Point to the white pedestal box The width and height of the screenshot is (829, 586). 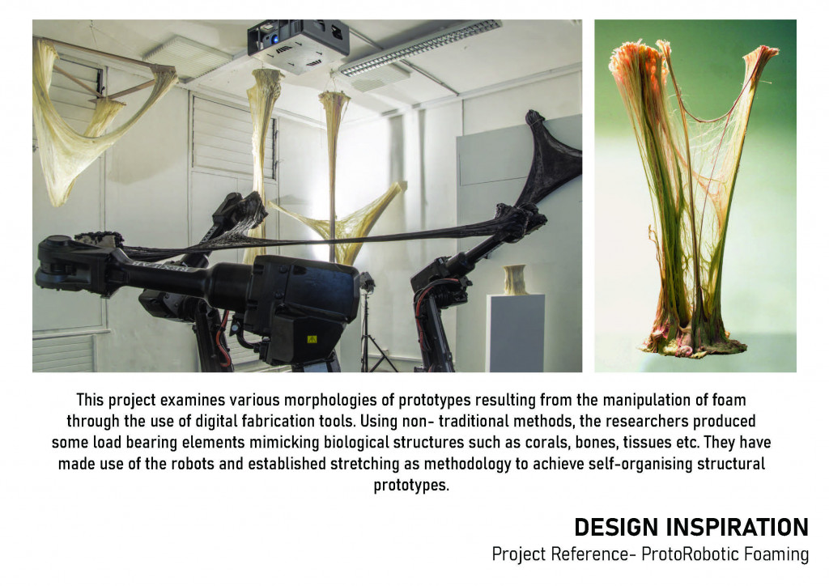516,333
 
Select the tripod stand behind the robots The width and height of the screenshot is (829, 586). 373,328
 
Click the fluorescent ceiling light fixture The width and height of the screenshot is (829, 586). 420,48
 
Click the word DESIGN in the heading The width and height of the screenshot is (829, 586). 615,527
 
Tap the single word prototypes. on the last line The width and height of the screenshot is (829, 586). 411,485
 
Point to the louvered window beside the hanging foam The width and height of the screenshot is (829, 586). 232,134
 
